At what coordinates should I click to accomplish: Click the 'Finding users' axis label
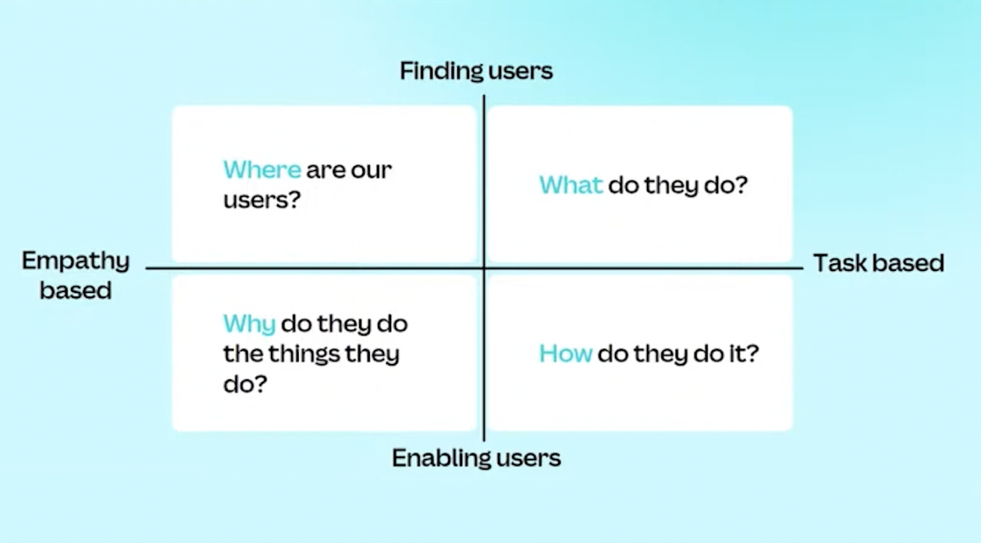[x=476, y=71]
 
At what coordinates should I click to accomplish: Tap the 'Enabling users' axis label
[x=476, y=458]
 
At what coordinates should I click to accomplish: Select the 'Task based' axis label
[x=878, y=263]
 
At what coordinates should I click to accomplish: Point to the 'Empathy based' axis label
[x=75, y=275]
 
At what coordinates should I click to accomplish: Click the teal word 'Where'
[x=262, y=170]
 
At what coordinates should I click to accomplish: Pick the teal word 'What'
[x=571, y=185]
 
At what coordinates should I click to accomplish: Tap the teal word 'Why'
[x=249, y=324]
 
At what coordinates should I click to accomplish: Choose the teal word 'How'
[x=565, y=354]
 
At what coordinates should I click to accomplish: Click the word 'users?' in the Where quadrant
[x=262, y=200]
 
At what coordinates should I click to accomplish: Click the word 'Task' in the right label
[x=839, y=263]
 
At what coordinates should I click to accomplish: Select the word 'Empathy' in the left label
[x=75, y=261]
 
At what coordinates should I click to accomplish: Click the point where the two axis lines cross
[x=484, y=268]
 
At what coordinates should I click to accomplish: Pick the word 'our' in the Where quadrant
[x=371, y=170]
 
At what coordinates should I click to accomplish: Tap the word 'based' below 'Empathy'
[x=75, y=290]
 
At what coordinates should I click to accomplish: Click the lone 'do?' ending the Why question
[x=245, y=384]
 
